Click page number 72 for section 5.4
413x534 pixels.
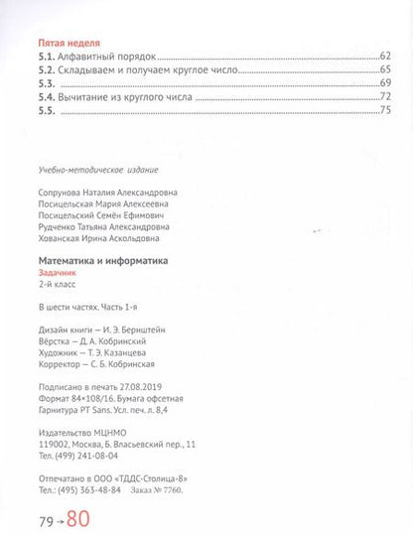[x=386, y=99]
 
